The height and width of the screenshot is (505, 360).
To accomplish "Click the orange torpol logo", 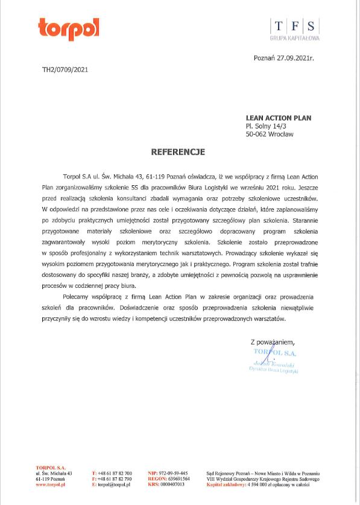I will pos(68,28).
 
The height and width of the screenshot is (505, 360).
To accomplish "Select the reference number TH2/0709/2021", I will pos(65,69).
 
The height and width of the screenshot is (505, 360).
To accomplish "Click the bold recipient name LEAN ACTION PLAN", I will pos(278,118).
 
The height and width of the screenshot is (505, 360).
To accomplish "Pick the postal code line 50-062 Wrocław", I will pos(270,135).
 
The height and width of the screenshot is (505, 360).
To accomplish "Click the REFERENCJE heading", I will pos(178,152).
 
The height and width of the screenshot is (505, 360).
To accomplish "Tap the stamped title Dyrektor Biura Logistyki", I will pos(274,370).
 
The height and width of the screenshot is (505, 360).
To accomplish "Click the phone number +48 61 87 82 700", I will pos(114,473).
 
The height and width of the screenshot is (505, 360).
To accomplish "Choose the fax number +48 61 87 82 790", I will pos(114,479).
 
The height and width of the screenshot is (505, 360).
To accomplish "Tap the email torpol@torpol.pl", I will pos(114,484).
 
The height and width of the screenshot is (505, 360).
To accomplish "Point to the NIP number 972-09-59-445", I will pos(171,473).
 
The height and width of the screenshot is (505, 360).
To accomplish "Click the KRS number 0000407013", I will pos(171,484).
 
